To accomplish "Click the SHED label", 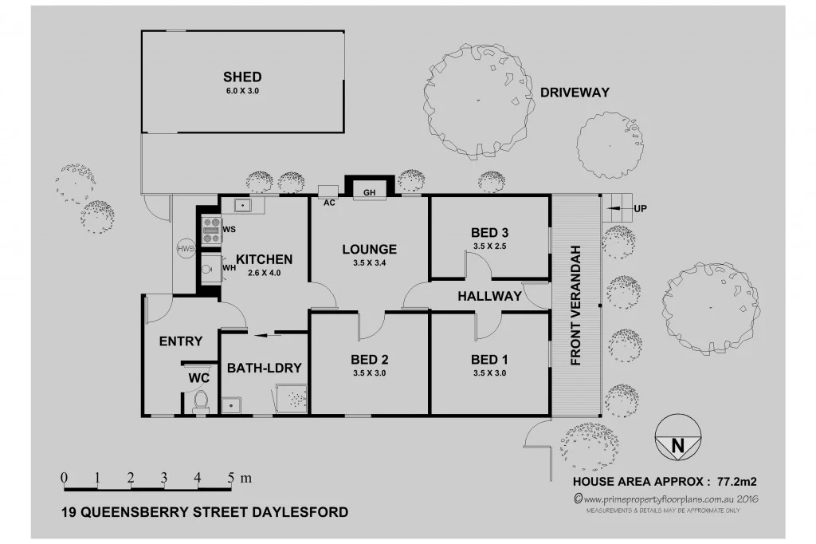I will (242, 77).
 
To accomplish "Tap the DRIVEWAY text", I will (575, 93).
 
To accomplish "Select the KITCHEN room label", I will (264, 259).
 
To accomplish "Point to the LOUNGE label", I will (369, 249).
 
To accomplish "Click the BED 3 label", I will (489, 233).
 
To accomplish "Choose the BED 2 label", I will (369, 359).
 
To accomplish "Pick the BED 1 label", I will (489, 359).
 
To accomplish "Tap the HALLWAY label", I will (489, 296).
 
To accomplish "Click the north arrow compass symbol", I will (677, 443).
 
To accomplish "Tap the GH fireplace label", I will (370, 192).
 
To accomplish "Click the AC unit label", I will (328, 203).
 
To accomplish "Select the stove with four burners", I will (211, 230).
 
